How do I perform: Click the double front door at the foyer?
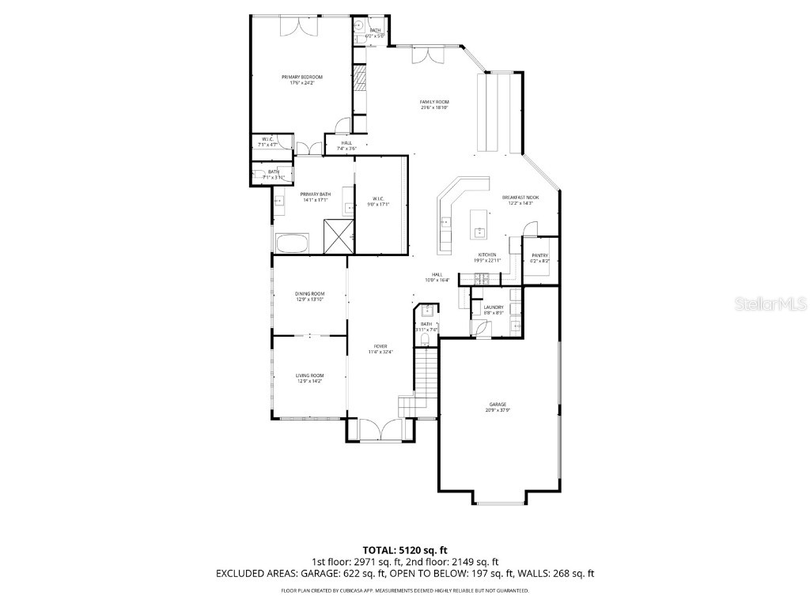point(380,431)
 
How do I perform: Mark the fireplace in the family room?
point(360,79)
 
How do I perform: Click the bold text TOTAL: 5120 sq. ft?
point(405,549)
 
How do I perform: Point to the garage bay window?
point(498,501)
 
